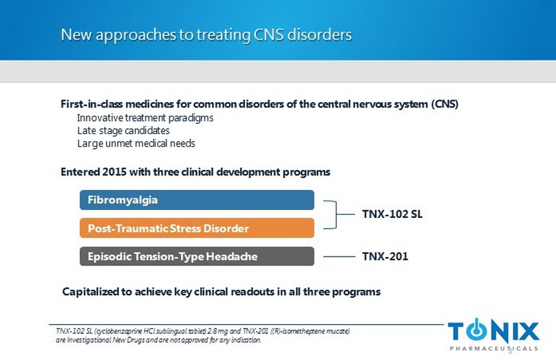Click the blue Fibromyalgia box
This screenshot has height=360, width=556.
coord(196,200)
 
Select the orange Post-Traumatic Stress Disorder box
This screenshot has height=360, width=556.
coord(196,228)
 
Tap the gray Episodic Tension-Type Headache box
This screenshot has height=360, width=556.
coord(196,257)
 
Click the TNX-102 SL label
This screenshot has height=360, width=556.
coord(393,213)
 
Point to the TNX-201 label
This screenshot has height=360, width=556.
coord(385,257)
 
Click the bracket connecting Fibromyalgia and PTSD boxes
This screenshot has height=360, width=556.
coord(337,214)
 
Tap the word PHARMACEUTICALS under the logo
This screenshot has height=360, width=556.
coord(494,348)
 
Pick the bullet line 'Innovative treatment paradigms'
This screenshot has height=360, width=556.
coord(145,118)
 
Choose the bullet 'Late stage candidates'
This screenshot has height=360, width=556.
coord(124,130)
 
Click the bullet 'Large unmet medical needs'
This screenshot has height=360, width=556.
coord(136,143)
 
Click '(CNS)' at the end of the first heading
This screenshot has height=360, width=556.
coord(444,105)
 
